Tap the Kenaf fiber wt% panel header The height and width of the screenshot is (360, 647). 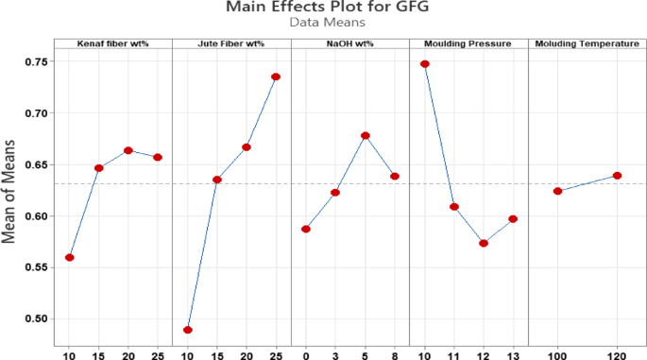112,43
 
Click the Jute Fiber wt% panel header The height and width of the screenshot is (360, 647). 231,43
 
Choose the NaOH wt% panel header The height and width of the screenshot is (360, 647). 349,43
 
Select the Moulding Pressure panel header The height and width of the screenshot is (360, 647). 468,43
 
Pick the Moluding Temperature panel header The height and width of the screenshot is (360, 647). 586,43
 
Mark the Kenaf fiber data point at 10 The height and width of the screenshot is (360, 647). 69,258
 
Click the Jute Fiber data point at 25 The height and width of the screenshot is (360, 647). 276,77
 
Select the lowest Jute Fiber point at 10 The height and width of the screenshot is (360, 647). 188,330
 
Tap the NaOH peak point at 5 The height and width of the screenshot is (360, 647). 365,136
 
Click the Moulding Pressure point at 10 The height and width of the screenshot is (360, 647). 424,64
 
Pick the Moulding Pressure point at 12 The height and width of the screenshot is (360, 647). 484,243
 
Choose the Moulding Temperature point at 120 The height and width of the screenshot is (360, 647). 617,176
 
